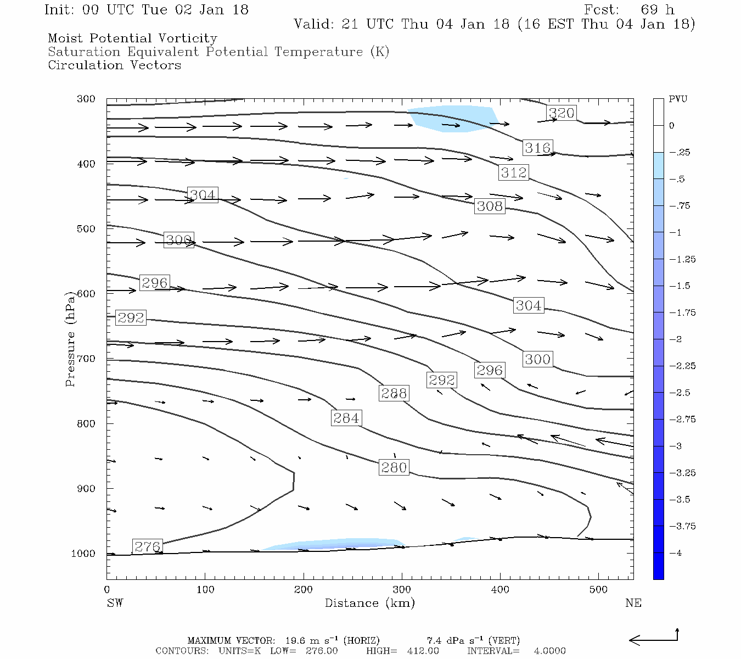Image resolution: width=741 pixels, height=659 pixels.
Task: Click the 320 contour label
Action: [562, 113]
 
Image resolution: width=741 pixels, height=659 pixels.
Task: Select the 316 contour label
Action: [537, 148]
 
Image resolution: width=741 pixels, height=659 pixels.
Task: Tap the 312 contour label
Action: [514, 172]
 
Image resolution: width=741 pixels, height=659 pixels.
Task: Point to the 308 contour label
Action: [490, 206]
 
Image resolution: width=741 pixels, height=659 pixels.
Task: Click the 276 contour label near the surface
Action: [147, 546]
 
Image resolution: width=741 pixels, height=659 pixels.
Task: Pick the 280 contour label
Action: [394, 467]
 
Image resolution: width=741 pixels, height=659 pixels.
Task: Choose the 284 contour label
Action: [346, 418]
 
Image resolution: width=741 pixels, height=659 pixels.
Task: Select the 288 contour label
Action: [394, 393]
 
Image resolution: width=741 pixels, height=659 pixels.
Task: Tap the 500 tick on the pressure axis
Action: [86, 229]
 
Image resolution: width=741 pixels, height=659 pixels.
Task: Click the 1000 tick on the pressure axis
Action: [83, 554]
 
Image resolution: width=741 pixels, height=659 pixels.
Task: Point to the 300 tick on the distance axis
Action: [402, 590]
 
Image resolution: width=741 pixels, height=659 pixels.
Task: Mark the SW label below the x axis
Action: [115, 603]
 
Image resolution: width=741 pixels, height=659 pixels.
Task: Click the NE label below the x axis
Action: [633, 603]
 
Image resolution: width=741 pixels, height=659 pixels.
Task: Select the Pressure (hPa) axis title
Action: [70, 343]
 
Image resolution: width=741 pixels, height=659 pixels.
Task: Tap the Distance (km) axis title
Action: [369, 603]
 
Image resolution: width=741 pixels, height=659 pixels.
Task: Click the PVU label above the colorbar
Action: [678, 99]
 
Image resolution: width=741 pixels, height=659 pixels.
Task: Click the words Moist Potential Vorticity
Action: [132, 38]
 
